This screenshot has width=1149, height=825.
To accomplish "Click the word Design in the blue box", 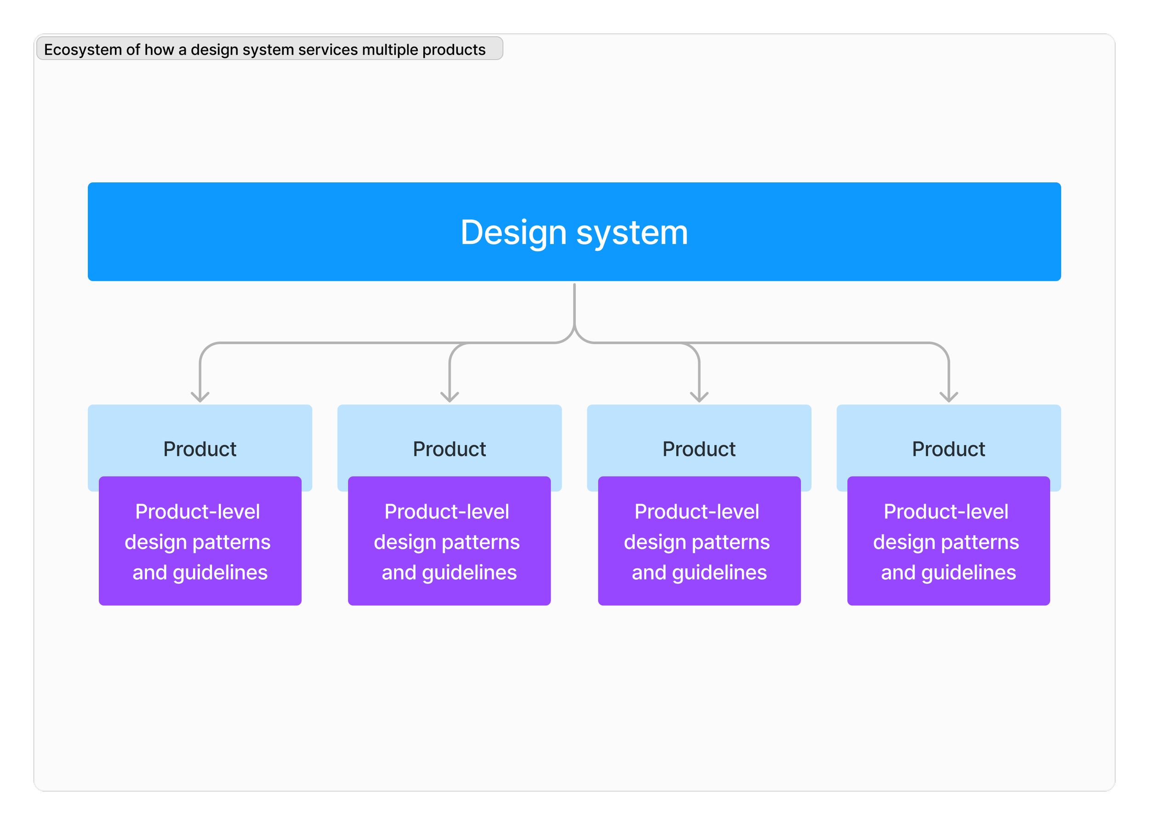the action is [513, 233].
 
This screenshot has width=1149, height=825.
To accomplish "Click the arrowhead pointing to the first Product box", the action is [200, 396].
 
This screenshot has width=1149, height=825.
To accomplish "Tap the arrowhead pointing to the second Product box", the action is [449, 396].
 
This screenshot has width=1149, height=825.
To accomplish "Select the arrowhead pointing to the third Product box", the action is [699, 396].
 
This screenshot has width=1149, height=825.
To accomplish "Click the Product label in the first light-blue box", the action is [199, 449].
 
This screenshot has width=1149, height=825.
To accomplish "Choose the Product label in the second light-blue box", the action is [449, 449].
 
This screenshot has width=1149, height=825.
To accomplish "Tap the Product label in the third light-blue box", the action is [699, 449].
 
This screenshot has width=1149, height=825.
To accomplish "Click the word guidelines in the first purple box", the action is [220, 573].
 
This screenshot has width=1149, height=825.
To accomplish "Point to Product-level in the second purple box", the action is [447, 512].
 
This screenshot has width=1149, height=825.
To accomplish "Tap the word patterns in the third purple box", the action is [731, 542].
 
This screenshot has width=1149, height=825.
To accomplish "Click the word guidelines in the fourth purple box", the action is [969, 573].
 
